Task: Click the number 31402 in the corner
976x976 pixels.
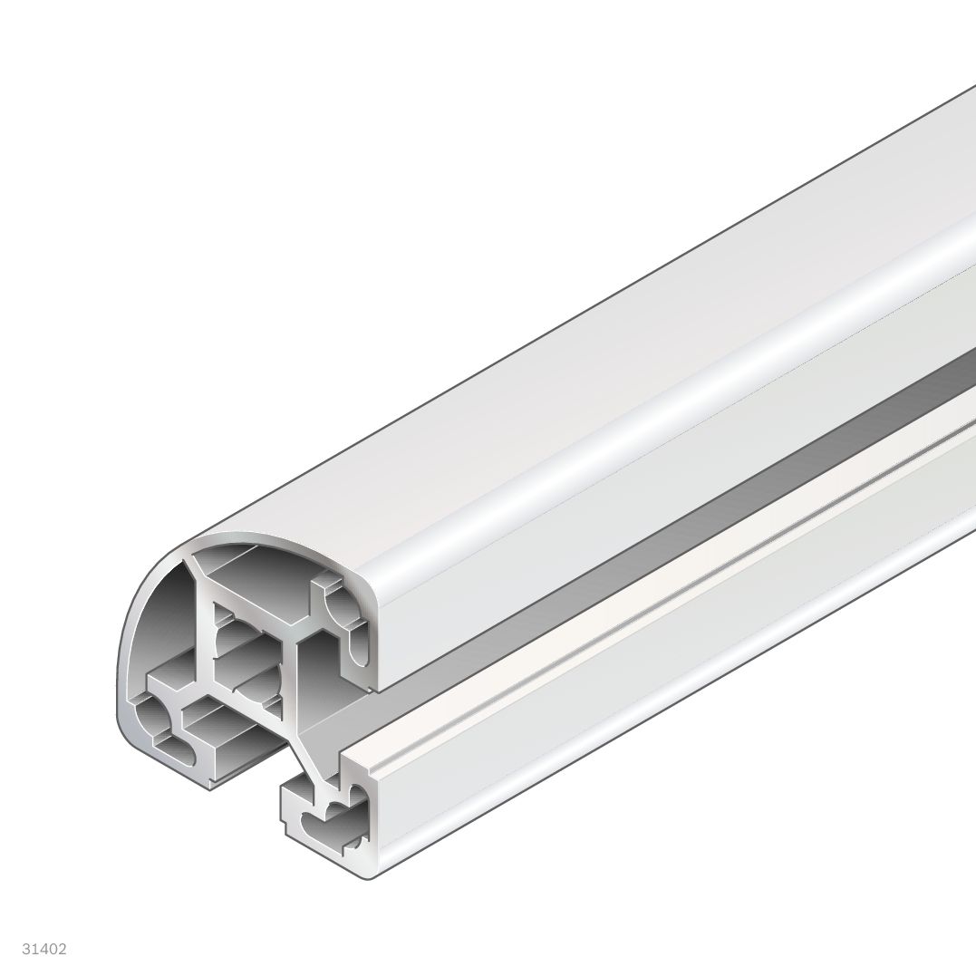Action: pyautogui.click(x=46, y=950)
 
